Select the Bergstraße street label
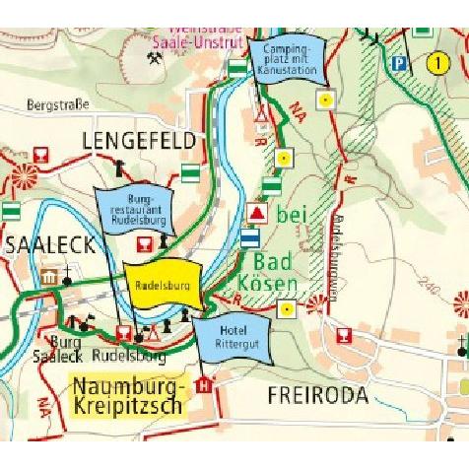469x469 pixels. click(58, 103)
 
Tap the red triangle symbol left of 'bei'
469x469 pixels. click(257, 212)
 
